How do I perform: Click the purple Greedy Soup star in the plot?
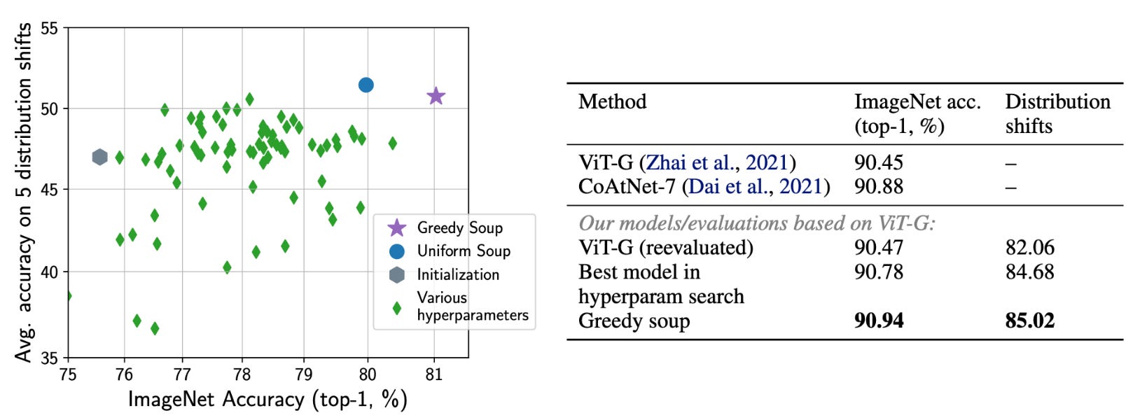[x=436, y=96]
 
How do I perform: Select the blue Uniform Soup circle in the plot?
[x=366, y=85]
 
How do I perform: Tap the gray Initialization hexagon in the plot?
[x=99, y=157]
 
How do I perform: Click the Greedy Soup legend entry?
[x=459, y=227]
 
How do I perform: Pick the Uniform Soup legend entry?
[x=463, y=251]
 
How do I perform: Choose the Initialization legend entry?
[x=458, y=274]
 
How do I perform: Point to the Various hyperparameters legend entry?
[x=472, y=306]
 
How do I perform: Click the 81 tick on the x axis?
[x=434, y=374]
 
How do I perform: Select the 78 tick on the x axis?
[x=242, y=374]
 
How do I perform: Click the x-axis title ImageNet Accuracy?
[x=267, y=400]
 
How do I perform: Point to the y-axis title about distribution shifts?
[x=24, y=192]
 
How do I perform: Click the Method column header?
[x=612, y=102]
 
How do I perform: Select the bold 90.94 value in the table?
[x=879, y=321]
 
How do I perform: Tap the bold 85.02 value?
[x=1029, y=321]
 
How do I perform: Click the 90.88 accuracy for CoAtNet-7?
[x=878, y=187]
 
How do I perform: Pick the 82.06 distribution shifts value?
[x=1029, y=248]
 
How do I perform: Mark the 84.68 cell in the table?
[x=1029, y=272]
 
